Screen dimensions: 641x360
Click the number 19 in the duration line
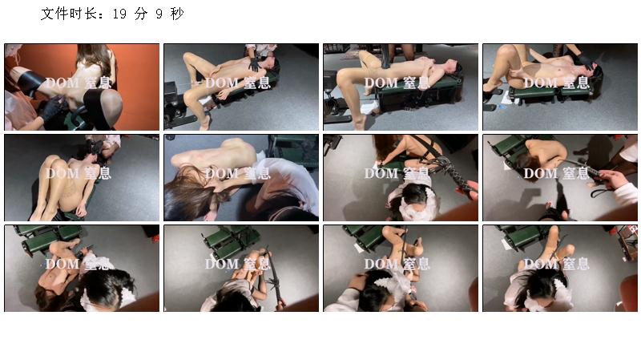119,14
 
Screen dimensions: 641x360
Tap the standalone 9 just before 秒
159,14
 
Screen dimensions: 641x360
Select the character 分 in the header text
141,14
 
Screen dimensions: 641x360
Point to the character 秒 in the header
177,14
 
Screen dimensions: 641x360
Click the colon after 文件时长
102,15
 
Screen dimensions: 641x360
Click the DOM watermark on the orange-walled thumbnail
62,83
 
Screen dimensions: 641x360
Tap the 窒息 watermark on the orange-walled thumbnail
98,83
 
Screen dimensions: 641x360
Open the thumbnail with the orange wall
82,87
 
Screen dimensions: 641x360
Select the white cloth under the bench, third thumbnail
371,108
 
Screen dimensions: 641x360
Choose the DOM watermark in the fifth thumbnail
62,173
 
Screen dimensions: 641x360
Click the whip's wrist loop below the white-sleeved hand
603,191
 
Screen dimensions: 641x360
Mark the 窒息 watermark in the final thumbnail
576,264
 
